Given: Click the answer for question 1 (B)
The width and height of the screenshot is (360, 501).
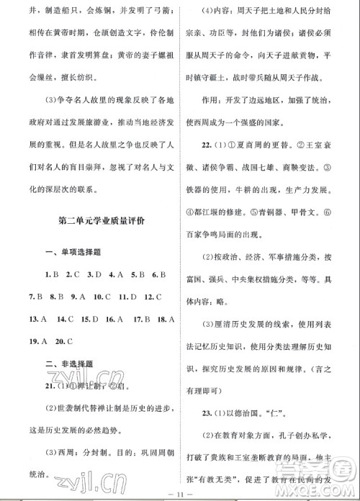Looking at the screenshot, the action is pos(55,275).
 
